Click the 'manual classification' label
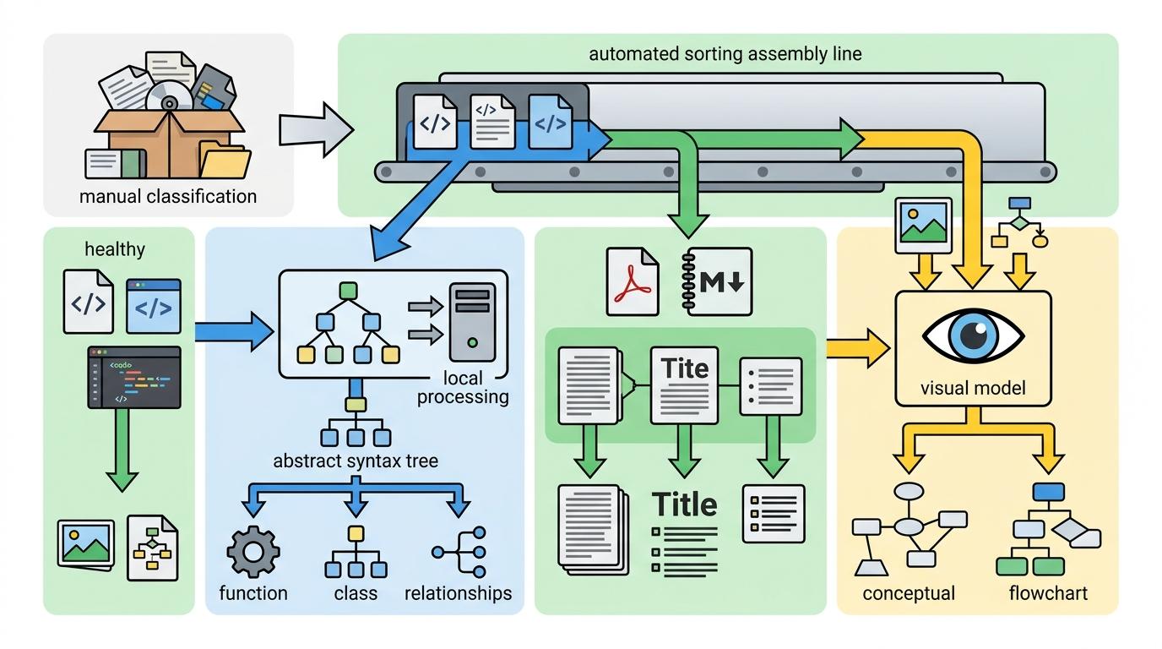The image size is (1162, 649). pyautogui.click(x=167, y=197)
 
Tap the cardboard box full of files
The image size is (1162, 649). pyautogui.click(x=170, y=139)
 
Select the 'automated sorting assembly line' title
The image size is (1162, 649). pyautogui.click(x=725, y=54)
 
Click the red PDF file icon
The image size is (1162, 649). pyautogui.click(x=632, y=281)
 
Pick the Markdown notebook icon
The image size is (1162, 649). pyautogui.click(x=714, y=281)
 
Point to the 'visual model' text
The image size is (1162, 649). pyautogui.click(x=972, y=389)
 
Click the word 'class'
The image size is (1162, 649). pyautogui.click(x=356, y=593)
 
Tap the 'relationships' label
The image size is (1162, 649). pyautogui.click(x=458, y=593)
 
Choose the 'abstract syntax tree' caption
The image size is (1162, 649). pyautogui.click(x=356, y=461)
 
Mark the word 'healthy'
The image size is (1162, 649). pyautogui.click(x=115, y=249)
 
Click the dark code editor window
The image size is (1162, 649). pyautogui.click(x=134, y=377)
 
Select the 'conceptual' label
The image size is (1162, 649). pyautogui.click(x=909, y=593)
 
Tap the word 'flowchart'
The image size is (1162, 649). pyautogui.click(x=1048, y=593)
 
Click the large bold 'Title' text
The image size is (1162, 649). pyautogui.click(x=685, y=504)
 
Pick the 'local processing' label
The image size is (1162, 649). pyautogui.click(x=464, y=388)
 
